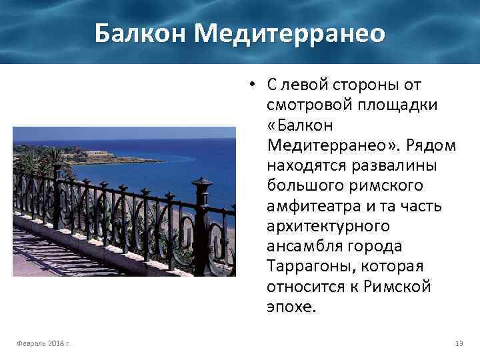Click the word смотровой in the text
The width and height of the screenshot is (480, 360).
pyautogui.click(x=305, y=105)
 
